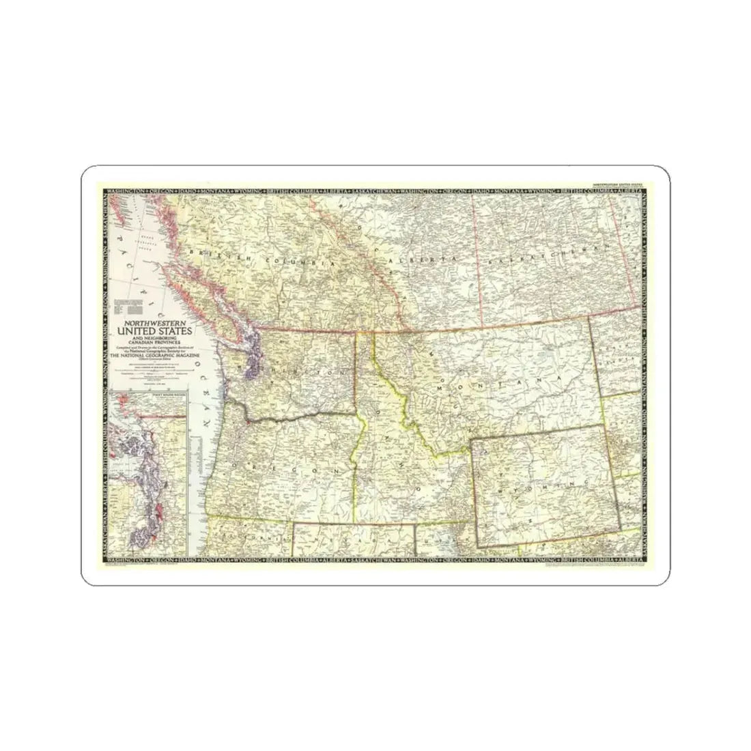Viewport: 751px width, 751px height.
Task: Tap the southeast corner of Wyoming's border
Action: (621, 528)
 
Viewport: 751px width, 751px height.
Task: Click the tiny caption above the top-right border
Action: (617, 186)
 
